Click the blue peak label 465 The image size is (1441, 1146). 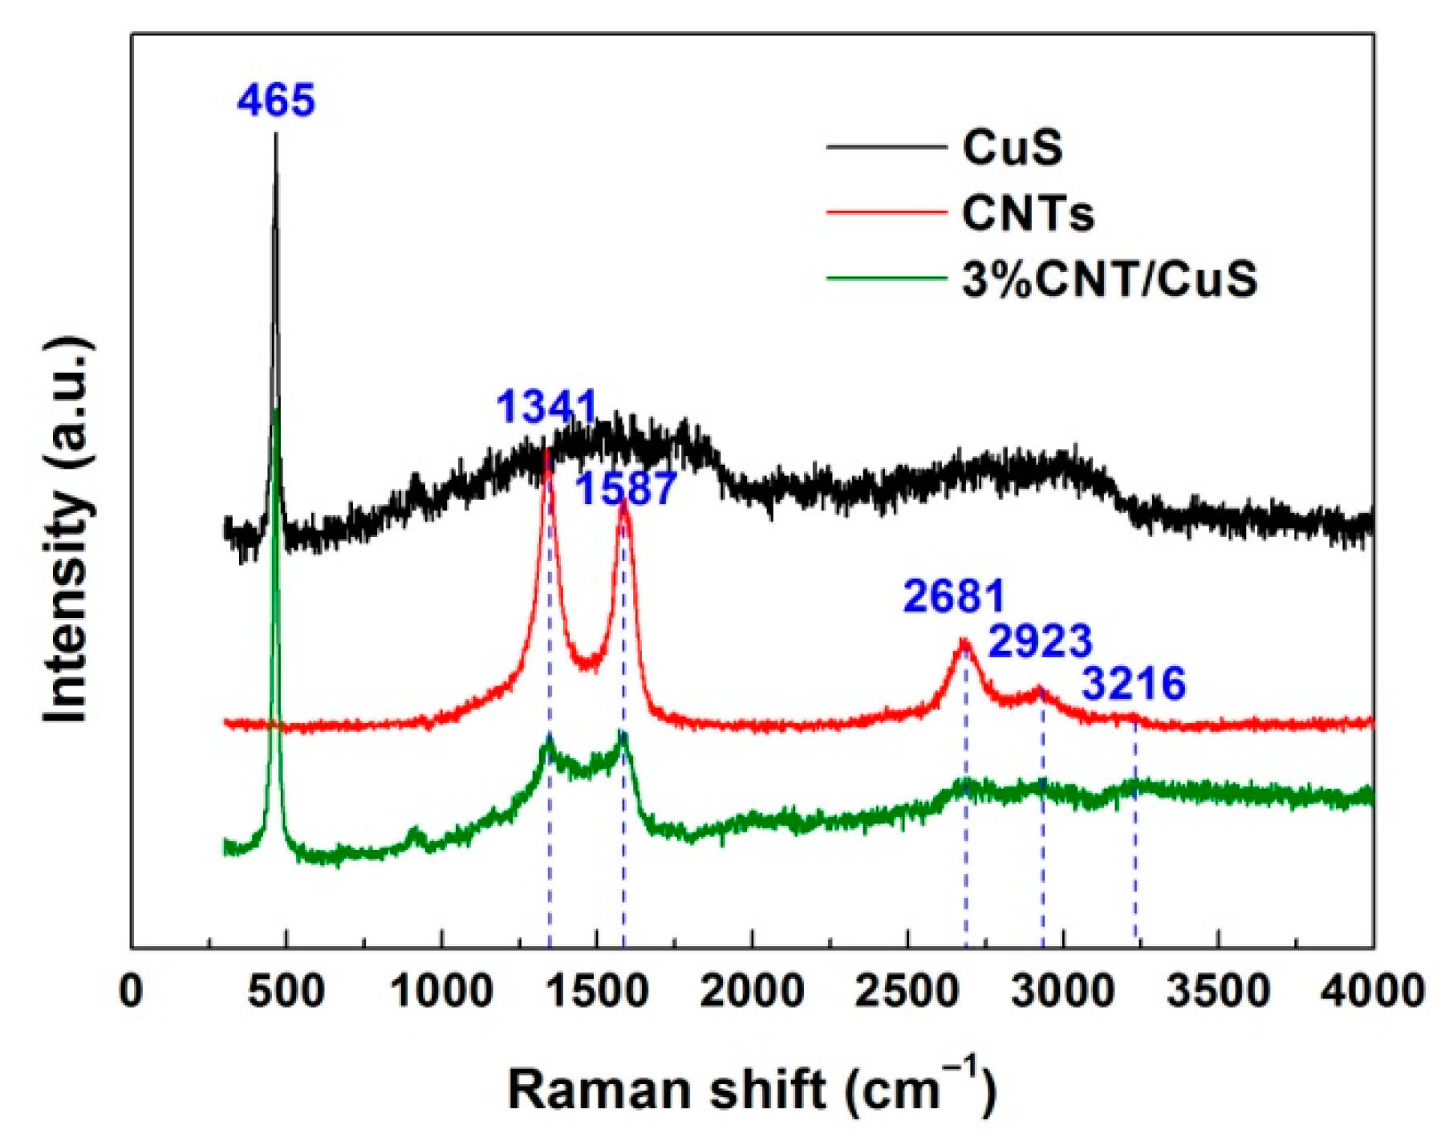pos(275,101)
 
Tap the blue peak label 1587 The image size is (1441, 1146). pos(627,489)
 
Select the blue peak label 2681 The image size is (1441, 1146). pos(953,596)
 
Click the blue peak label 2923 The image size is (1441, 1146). pos(1040,641)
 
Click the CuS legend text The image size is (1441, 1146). pos(1012,148)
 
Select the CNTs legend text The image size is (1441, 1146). pos(1028,213)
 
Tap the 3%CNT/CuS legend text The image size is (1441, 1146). pos(1109,279)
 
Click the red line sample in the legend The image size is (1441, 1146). pos(886,213)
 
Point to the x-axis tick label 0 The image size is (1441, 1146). pos(131,992)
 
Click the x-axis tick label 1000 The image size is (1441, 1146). pos(441,992)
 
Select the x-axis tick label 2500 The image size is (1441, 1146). pos(907,992)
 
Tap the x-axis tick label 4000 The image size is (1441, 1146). pos(1371,992)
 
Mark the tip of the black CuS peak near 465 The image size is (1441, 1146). pos(276,134)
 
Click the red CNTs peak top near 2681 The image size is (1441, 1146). pos(964,640)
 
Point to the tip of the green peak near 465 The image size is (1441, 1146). pos(277,409)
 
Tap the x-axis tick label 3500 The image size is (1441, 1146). pos(1217,992)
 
